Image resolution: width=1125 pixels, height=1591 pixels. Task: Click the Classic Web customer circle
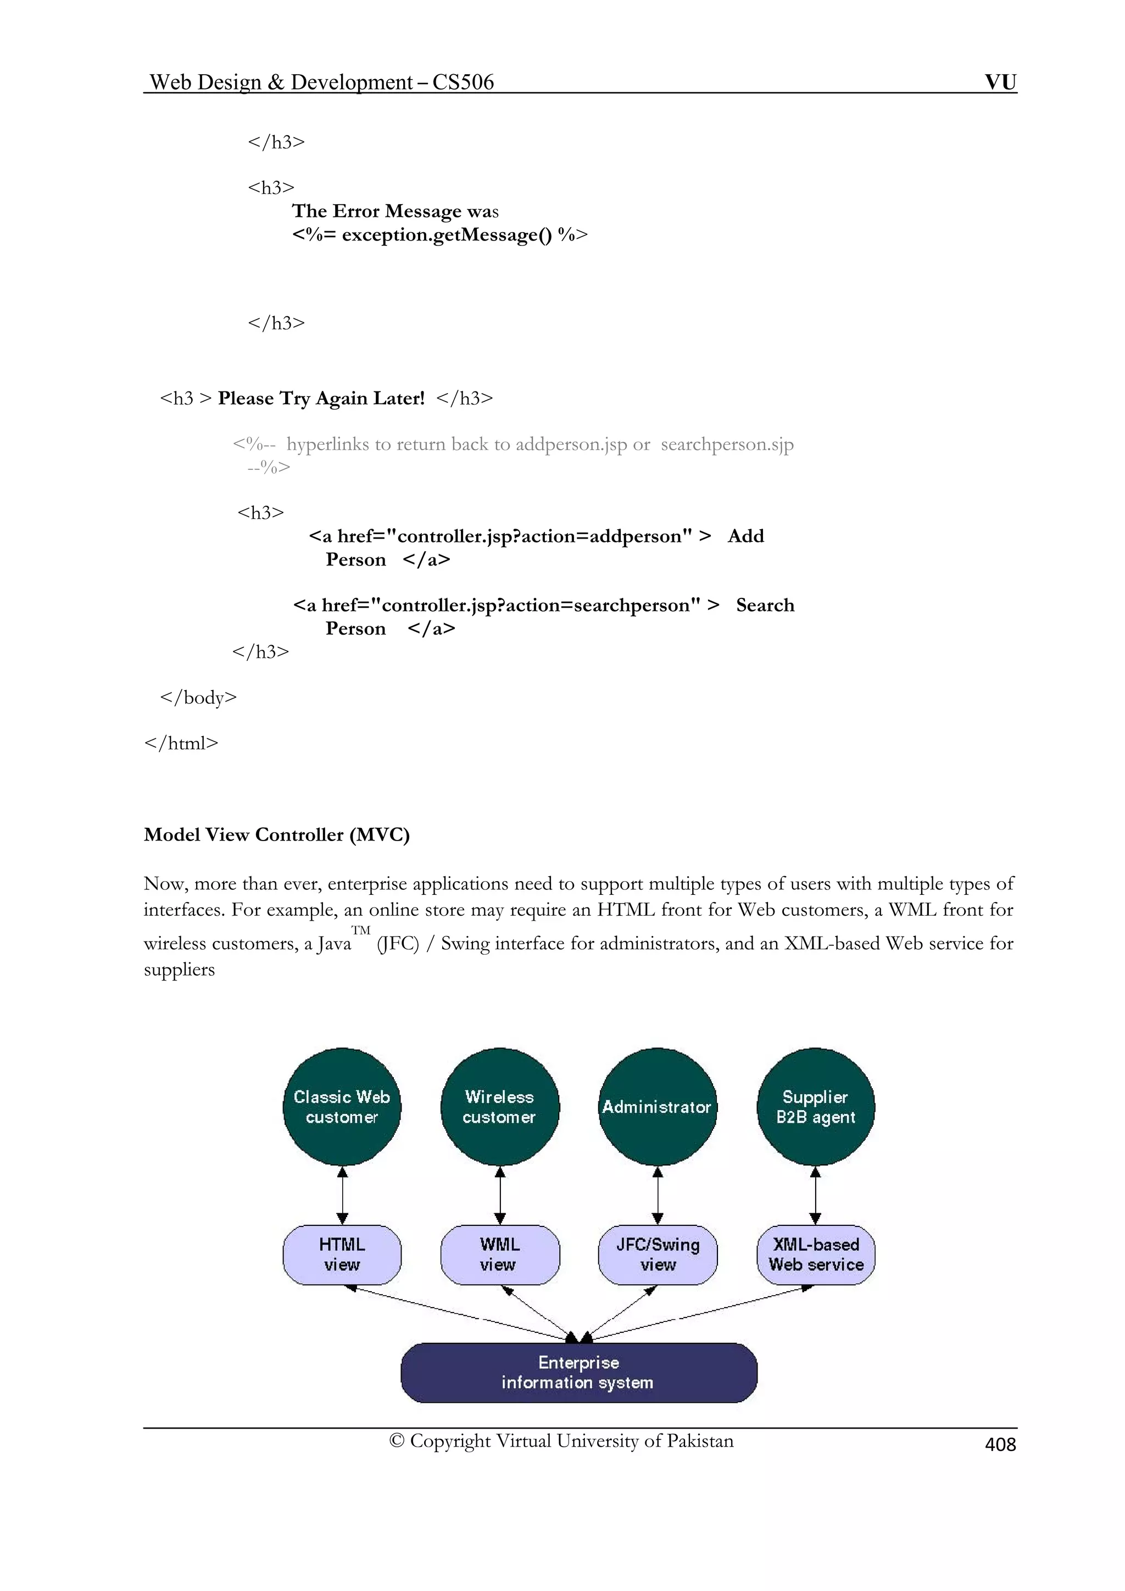point(342,1107)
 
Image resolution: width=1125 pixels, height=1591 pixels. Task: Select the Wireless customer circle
point(500,1107)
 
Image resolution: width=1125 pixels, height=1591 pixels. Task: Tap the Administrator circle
point(657,1107)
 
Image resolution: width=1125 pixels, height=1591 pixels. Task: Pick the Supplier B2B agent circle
point(816,1107)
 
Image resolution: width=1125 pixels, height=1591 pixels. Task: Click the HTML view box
point(342,1255)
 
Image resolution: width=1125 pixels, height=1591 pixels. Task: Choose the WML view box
point(500,1255)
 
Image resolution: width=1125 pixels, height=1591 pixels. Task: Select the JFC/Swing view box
point(657,1255)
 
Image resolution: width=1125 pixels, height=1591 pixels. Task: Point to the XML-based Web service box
point(816,1255)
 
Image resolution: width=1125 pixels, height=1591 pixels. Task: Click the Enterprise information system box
point(579,1372)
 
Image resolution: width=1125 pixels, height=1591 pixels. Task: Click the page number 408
point(1000,1444)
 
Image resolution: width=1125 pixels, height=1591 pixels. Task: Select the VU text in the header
point(1000,82)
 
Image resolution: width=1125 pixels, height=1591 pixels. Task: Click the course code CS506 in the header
point(463,82)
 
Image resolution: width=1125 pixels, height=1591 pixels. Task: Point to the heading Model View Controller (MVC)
point(276,834)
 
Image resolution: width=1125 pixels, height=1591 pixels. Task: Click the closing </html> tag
point(181,743)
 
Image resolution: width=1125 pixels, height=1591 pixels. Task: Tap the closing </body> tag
point(198,697)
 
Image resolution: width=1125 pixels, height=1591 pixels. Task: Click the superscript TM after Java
point(360,930)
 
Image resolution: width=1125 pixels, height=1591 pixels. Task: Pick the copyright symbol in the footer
point(397,1441)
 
